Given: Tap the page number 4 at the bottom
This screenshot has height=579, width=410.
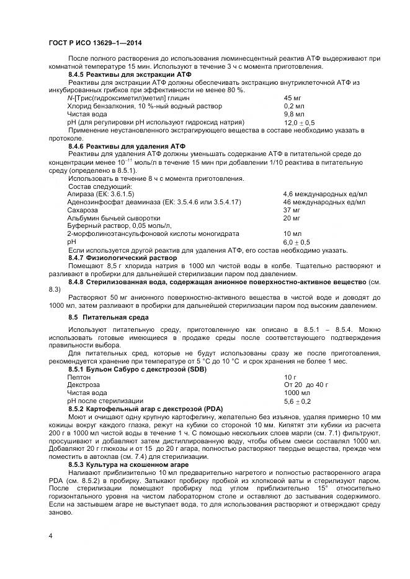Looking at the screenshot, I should (x=50, y=534).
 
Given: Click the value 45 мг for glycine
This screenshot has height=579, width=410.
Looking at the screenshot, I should (x=293, y=98).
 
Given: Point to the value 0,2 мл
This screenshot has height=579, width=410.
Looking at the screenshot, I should (x=293, y=107).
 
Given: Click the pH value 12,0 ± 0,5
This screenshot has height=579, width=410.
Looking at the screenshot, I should (x=299, y=123).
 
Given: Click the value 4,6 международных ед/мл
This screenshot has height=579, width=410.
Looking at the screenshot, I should (x=324, y=194).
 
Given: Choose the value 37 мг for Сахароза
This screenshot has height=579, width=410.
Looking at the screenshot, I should (x=292, y=211).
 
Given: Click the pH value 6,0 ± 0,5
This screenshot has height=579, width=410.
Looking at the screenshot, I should (x=296, y=242).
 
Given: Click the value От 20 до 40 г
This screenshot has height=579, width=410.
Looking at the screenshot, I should (x=306, y=385).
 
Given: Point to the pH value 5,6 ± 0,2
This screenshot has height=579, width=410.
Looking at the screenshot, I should (x=297, y=401).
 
